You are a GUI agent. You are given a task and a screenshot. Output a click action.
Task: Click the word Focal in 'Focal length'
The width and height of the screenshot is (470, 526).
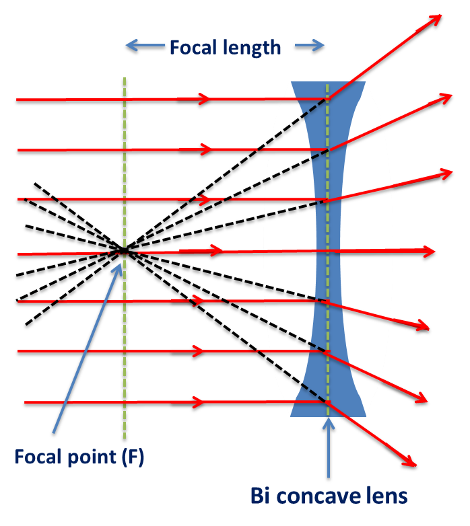pyautogui.click(x=193, y=47)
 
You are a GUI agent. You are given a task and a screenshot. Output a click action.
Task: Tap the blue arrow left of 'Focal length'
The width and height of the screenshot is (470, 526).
pyautogui.click(x=145, y=45)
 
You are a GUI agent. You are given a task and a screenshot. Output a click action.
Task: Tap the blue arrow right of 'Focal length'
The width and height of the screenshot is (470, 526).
pyautogui.click(x=310, y=46)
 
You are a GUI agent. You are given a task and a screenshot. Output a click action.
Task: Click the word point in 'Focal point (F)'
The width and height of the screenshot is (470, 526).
pyautogui.click(x=92, y=457)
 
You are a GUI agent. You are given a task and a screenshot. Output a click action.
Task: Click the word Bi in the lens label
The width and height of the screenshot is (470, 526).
pyautogui.click(x=260, y=496)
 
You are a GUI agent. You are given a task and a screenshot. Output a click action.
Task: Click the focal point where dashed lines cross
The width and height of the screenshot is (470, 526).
pyautogui.click(x=124, y=250)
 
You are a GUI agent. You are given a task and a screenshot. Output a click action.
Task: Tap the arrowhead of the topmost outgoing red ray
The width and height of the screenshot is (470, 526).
pyautogui.click(x=435, y=20)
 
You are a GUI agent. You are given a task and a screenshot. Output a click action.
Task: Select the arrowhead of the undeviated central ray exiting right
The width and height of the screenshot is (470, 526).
pyautogui.click(x=429, y=252)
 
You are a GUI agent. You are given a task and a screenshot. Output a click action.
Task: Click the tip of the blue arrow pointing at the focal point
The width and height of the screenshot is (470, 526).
pyautogui.click(x=121, y=264)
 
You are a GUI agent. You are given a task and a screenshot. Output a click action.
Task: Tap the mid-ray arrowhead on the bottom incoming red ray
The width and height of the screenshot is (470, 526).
pyautogui.click(x=199, y=402)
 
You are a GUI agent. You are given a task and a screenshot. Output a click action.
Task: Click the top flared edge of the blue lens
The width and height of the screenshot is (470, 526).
pyautogui.click(x=328, y=83)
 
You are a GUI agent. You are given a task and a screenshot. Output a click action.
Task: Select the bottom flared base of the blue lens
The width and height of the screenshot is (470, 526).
pyautogui.click(x=328, y=415)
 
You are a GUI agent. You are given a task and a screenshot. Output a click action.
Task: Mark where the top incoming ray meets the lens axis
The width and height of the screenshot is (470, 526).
pyautogui.click(x=328, y=99)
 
